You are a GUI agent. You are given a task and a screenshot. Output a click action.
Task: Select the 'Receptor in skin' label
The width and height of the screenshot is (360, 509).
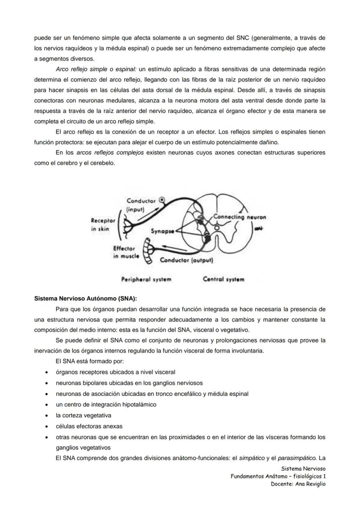pos(103,225)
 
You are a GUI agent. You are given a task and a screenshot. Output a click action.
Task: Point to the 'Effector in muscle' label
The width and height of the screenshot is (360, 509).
pos(126,253)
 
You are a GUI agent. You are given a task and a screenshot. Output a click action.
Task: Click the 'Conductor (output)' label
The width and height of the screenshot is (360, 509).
pos(186,260)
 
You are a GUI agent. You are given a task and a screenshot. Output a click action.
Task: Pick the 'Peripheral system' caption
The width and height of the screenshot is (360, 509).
pos(146,279)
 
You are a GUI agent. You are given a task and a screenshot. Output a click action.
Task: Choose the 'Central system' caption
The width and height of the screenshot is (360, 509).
pos(223,279)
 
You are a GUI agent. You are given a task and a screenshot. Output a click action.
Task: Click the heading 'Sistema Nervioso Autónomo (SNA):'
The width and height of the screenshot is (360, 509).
pos(86,299)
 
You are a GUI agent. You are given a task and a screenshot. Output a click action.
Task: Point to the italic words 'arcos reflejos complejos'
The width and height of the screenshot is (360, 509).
pos(110,153)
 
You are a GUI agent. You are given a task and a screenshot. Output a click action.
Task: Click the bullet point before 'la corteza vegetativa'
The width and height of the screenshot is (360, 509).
pos(46,416)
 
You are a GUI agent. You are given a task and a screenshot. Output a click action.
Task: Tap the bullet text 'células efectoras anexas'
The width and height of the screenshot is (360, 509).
pos(89,426)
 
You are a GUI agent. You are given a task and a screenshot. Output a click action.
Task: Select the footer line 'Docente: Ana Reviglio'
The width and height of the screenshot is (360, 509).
pos(298,484)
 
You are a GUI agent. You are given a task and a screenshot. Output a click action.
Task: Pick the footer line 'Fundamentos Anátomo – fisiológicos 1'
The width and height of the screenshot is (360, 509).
pos(278,476)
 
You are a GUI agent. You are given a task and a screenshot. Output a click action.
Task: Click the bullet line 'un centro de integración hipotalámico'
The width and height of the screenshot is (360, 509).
pos(106,405)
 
